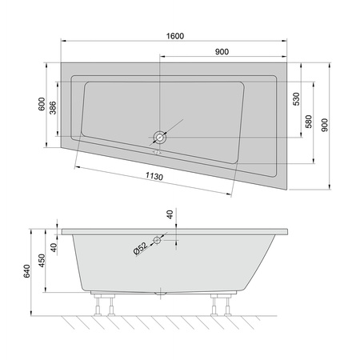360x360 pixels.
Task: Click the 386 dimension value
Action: (54, 110)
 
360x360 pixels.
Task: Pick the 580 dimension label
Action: (307, 122)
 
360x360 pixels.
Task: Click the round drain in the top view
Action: (161, 138)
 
